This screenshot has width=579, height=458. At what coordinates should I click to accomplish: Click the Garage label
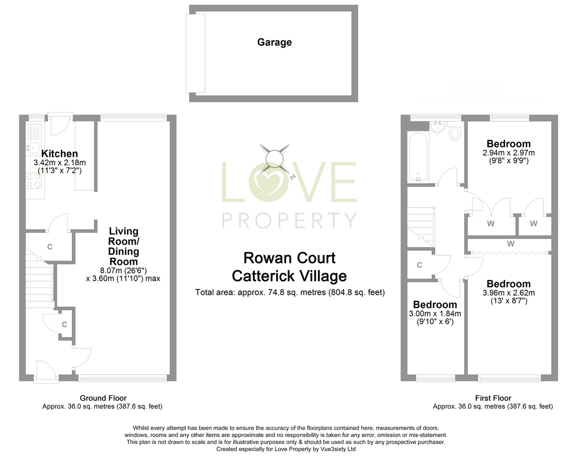click(x=274, y=42)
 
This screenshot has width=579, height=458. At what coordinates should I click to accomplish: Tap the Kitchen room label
click(x=59, y=154)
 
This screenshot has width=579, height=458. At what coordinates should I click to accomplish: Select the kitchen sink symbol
click(x=34, y=144)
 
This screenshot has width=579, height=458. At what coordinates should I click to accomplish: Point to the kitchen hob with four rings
click(x=34, y=181)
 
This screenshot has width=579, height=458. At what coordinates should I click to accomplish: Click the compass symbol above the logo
click(x=274, y=158)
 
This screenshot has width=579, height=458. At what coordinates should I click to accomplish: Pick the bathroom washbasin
click(x=439, y=128)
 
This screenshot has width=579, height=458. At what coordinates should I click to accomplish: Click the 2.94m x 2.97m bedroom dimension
click(x=509, y=153)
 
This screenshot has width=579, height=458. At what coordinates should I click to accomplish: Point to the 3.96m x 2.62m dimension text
click(x=509, y=293)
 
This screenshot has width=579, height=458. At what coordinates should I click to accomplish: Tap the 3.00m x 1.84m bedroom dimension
click(x=435, y=314)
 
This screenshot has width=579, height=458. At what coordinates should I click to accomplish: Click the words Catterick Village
click(x=289, y=276)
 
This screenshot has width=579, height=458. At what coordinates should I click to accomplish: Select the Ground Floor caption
click(x=103, y=398)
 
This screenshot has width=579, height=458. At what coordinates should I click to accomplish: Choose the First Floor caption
click(x=493, y=398)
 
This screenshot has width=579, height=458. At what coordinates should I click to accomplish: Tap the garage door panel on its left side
click(x=195, y=53)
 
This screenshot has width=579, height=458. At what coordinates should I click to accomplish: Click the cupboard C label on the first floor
click(x=420, y=265)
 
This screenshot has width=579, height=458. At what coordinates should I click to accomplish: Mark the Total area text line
click(x=289, y=292)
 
